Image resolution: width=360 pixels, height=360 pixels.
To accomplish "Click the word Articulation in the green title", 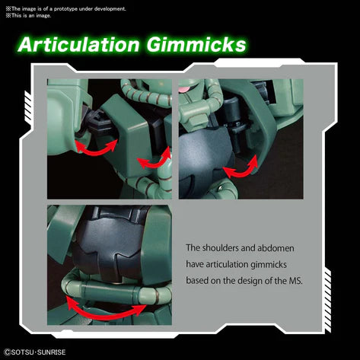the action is (x=79, y=45).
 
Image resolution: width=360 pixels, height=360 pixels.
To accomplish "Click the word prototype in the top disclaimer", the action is (x=65, y=9).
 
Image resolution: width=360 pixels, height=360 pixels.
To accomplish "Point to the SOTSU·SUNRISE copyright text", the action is (x=35, y=352).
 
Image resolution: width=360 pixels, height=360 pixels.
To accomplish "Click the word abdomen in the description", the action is (x=276, y=248).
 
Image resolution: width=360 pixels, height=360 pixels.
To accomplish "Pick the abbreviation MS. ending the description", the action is (x=295, y=281).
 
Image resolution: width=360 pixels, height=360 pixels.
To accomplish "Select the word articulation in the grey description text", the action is (x=227, y=264).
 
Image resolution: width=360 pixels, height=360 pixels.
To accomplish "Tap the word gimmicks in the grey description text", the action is (x=269, y=265).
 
